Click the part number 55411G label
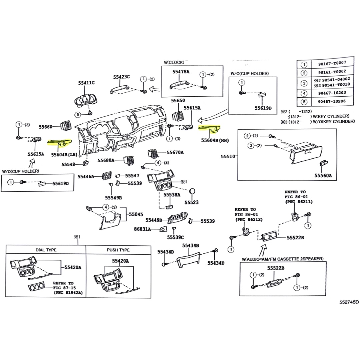tap(87, 83)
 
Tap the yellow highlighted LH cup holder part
tap(60, 142)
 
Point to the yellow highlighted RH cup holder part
tap(210, 128)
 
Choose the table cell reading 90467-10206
tap(332, 101)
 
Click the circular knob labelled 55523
tap(193, 192)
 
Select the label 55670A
tap(175, 152)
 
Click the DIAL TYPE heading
tap(46, 250)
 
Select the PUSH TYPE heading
tap(118, 250)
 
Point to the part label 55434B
tap(190, 246)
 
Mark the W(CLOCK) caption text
tap(174, 62)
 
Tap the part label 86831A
tap(142, 229)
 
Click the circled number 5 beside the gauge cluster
tap(78, 115)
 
